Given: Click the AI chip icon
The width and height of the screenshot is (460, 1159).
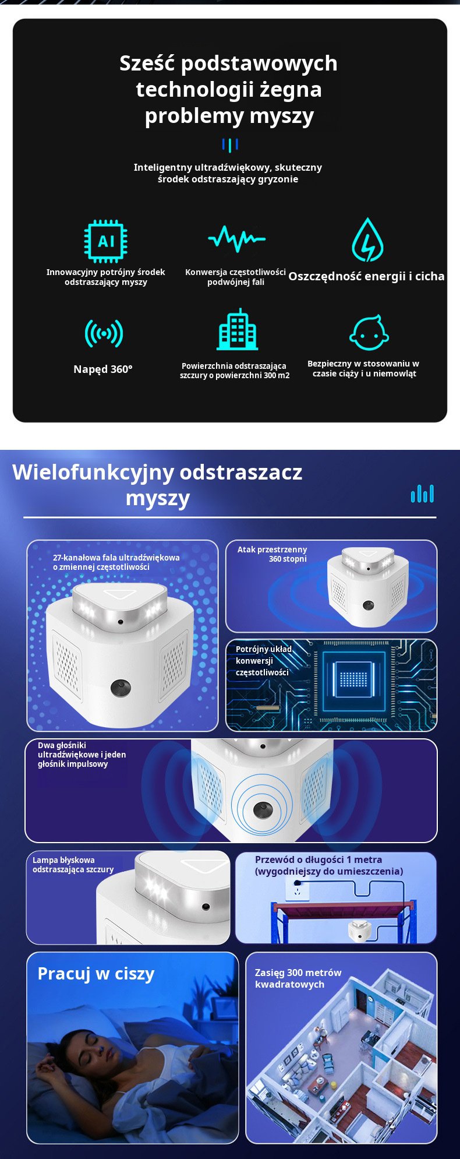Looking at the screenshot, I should pos(105,241).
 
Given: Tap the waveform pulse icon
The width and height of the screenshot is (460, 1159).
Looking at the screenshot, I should pos(236,238).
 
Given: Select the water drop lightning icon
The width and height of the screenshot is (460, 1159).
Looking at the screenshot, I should pos(367,240).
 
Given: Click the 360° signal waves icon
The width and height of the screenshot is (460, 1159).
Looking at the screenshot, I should pos(104,333).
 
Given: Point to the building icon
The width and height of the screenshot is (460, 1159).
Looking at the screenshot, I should pos(237,331).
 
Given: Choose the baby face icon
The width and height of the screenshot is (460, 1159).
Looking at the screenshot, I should pos(369,333).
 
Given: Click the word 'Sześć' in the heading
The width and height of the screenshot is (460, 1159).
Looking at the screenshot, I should pos(147,63).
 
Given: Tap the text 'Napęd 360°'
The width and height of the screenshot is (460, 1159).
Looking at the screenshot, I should pos(103,369).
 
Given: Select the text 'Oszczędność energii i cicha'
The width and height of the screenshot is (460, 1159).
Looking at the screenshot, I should pos(366,276).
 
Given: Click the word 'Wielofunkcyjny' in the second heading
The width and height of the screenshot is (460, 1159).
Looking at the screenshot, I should pos(93,472).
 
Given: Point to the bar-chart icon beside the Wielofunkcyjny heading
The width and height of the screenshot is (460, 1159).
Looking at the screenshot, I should pos(422,494).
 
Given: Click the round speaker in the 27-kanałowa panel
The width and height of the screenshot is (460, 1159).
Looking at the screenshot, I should pos(121,688).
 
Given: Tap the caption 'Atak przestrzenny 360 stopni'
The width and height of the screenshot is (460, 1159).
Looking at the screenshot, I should pos(272,554).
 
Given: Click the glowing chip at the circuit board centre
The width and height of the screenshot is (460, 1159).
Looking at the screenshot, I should pos(353,679).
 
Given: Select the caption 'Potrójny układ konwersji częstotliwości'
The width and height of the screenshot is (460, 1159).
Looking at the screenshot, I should pos(263,661).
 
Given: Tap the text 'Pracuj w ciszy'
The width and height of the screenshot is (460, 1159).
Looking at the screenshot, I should pos(96,974).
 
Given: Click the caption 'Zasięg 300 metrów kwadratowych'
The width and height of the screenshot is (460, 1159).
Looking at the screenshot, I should pos(298,978).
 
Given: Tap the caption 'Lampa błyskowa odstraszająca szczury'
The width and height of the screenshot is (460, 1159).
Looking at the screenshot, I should pos(73,865).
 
